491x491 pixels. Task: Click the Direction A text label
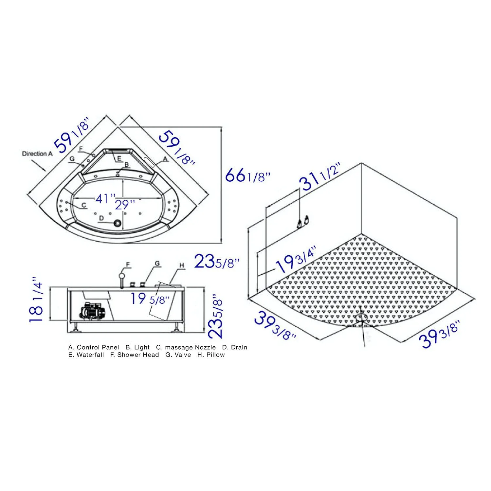pos(37,154)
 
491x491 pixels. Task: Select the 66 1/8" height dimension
pos(248,176)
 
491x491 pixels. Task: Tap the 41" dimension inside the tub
pos(105,198)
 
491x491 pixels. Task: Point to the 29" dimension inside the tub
pos(125,205)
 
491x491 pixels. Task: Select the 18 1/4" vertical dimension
pos(37,300)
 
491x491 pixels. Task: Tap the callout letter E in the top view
pos(119,158)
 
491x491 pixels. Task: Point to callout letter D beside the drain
pos(101,218)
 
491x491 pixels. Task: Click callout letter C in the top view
pos(84,205)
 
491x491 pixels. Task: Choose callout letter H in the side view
pos(182,265)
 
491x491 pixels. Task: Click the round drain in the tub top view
pos(117,223)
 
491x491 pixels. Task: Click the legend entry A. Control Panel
pos(94,347)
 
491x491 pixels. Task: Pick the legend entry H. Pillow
pos(211,355)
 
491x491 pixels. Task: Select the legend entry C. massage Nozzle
pos(186,347)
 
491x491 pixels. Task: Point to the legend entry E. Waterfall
pos(86,355)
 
